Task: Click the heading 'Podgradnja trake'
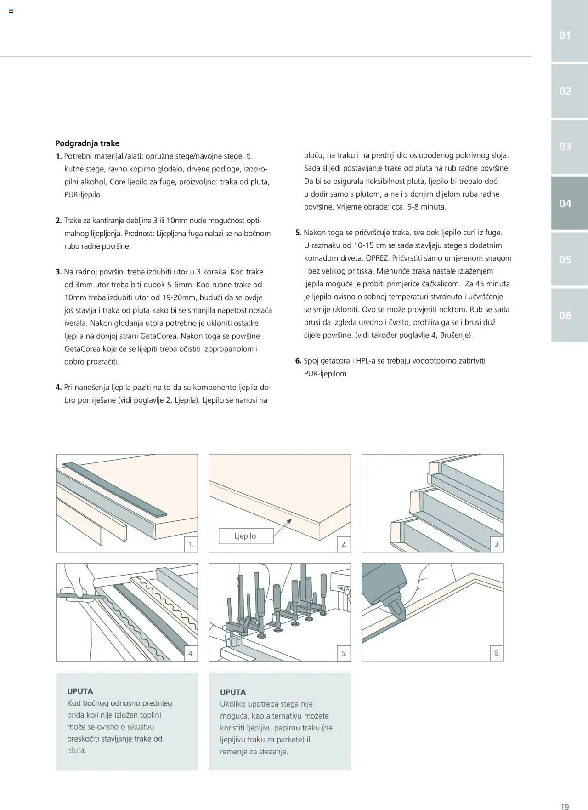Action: pos(87,143)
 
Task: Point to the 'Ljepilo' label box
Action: pos(246,536)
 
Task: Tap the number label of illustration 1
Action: pos(191,545)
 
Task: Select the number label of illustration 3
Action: pos(497,545)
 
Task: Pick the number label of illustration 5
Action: pos(344,653)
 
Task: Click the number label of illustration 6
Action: pos(497,653)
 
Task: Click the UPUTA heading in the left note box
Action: pos(80,691)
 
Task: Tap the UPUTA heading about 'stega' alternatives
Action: pos(233,692)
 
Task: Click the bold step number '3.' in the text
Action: pos(59,272)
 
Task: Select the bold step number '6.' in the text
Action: pos(298,361)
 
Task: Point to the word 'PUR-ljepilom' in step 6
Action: pos(325,374)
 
